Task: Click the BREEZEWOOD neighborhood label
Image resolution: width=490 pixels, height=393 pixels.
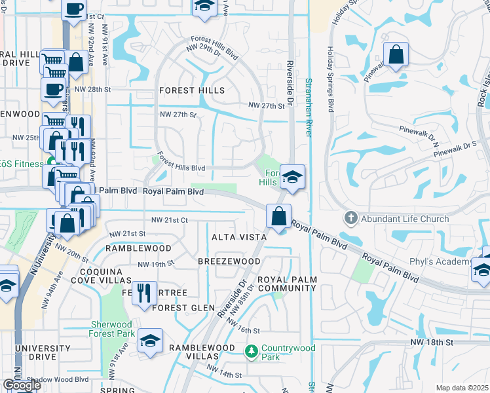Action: (x=229, y=261)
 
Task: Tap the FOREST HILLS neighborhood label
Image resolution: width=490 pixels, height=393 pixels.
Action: (x=192, y=90)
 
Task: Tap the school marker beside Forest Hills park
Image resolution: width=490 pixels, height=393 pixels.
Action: (x=293, y=176)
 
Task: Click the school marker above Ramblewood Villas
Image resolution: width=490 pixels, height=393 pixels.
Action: (x=150, y=341)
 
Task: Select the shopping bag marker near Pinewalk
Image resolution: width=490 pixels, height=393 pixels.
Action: (x=396, y=55)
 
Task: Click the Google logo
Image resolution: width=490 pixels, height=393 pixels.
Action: (x=22, y=385)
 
